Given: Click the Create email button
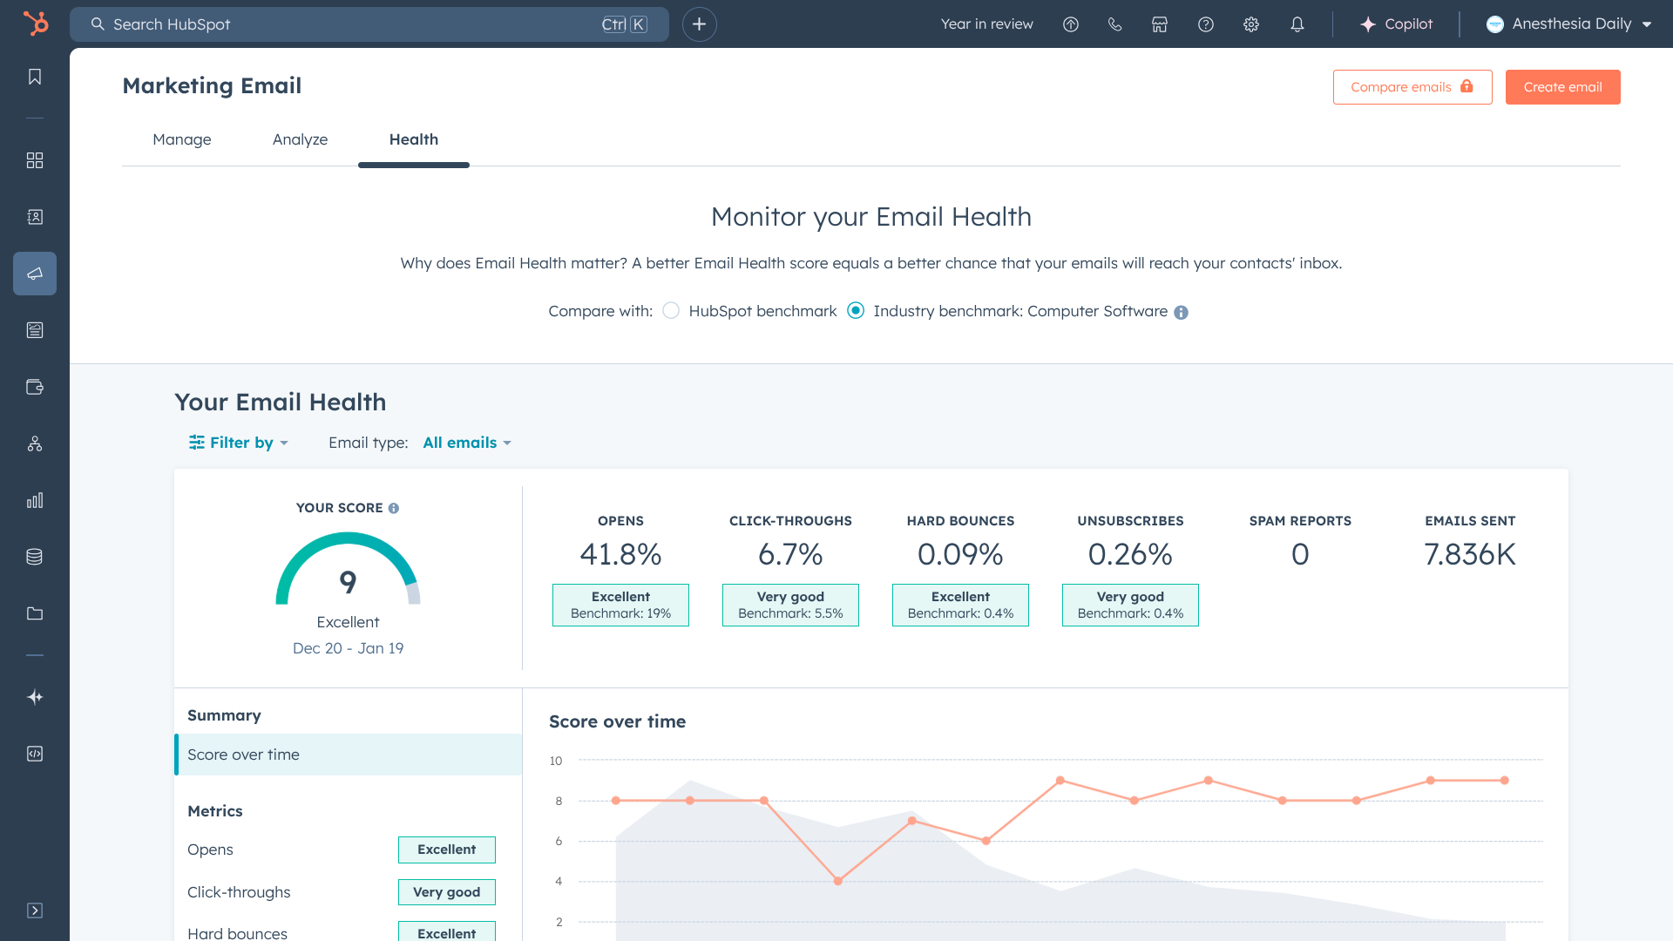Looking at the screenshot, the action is (x=1562, y=87).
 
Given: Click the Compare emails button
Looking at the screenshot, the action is (x=1412, y=87).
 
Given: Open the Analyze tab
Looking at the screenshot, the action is (x=300, y=139).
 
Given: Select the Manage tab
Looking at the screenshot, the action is (x=182, y=139).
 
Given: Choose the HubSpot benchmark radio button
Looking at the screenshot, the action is (x=671, y=311).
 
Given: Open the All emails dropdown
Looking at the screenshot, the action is (x=467, y=443).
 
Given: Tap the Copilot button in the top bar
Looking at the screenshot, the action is (x=1396, y=24).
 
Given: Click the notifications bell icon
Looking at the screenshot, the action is (x=1297, y=24).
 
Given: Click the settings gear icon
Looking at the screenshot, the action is (x=1251, y=24).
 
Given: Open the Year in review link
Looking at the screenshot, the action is (x=987, y=24).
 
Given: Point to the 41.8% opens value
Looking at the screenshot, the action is (x=621, y=554).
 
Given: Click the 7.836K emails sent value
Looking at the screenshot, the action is (x=1470, y=554).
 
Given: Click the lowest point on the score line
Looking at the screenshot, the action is (x=838, y=881).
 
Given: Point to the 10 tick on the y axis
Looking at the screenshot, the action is (x=556, y=761).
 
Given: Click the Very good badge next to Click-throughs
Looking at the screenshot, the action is (x=447, y=892).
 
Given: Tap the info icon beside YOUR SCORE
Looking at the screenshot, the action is (x=394, y=508).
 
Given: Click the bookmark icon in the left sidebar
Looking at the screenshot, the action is (x=35, y=77).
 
